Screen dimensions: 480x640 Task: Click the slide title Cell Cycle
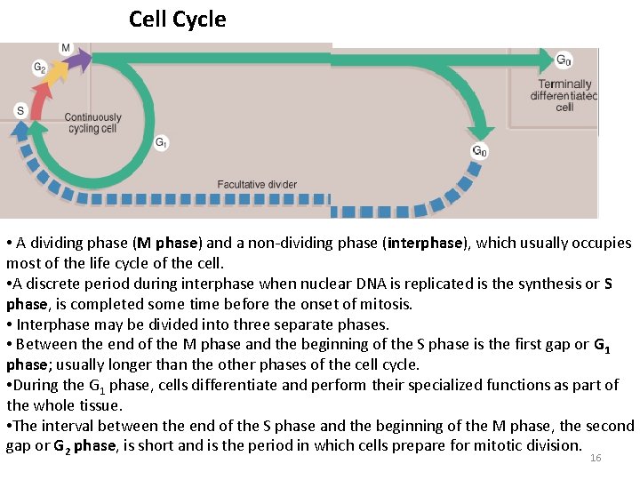tap(178, 19)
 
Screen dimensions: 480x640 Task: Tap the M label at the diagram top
tap(66, 47)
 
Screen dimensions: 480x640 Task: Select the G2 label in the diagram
tap(40, 67)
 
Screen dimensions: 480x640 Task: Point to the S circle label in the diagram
tap(20, 110)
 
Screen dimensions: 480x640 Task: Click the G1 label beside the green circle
tap(161, 141)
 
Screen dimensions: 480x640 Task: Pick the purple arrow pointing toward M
tap(79, 60)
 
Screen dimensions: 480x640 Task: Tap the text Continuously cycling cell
tap(92, 123)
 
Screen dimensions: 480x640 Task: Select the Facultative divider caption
tap(257, 185)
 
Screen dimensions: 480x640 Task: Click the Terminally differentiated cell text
tap(564, 96)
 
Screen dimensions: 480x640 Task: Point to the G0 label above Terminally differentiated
tap(564, 60)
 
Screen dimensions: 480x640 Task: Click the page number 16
tap(596, 457)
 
